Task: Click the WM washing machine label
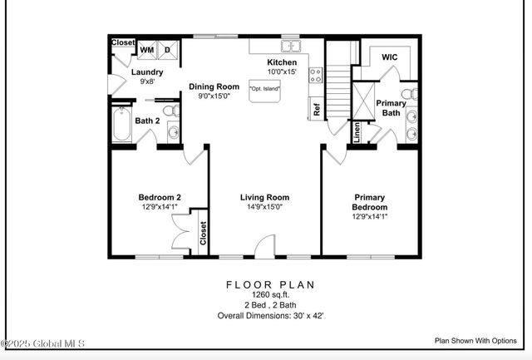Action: coord(146,51)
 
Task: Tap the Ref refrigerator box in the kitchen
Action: coord(316,107)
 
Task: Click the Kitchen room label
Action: coord(281,63)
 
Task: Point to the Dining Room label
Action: coord(214,86)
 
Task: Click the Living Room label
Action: coord(264,197)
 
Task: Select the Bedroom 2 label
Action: coord(160,197)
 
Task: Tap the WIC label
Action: coord(390,57)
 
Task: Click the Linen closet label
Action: coord(357,132)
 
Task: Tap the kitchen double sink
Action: coord(290,46)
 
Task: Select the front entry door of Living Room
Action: coord(264,247)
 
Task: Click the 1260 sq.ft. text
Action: coord(271,294)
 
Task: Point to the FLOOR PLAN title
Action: coord(271,284)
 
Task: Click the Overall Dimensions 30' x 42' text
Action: coord(271,316)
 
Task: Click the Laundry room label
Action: coord(147,72)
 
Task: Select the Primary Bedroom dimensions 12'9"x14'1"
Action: coord(370,216)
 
